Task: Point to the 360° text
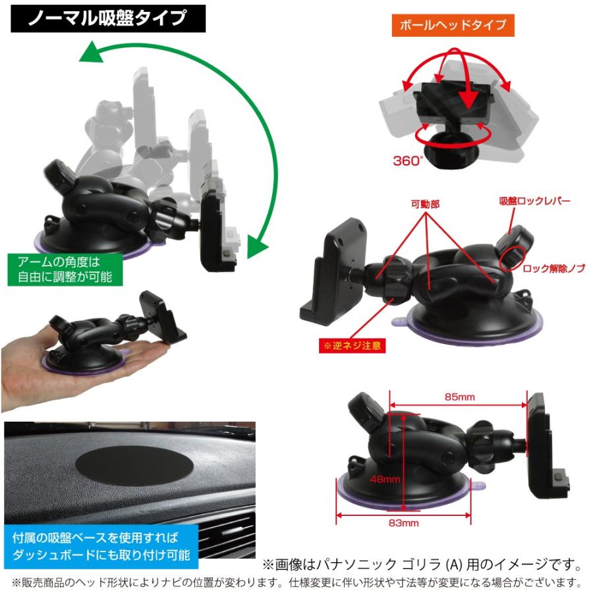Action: [407, 161]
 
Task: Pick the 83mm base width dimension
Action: [403, 523]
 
